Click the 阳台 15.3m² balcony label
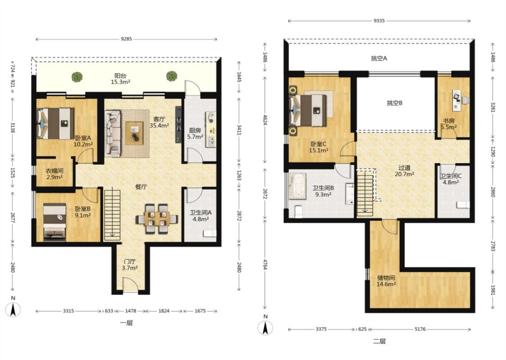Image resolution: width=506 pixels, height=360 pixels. (x=121, y=79)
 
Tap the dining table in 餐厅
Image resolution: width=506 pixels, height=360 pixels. (x=157, y=219)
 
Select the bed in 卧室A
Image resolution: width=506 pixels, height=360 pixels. (x=56, y=123)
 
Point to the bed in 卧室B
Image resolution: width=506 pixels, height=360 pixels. (x=55, y=222)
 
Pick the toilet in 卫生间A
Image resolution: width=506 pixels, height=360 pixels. (x=210, y=234)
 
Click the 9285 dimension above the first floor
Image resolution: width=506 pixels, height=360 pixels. (x=126, y=40)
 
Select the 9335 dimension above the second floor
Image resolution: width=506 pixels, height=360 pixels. (x=379, y=21)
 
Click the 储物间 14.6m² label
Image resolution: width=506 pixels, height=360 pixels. (x=386, y=281)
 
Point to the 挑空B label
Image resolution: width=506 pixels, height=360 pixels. (x=394, y=103)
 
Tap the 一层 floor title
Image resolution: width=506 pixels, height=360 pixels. (x=126, y=323)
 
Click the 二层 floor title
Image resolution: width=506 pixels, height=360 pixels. (x=379, y=341)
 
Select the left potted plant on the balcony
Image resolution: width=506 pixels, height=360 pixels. (x=77, y=77)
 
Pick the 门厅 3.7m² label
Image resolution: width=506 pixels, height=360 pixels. (x=130, y=265)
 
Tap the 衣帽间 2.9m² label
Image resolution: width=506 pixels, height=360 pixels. (x=54, y=174)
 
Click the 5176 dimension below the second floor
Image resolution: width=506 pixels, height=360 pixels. (x=420, y=329)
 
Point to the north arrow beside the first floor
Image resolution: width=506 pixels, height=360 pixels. (x=13, y=310)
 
